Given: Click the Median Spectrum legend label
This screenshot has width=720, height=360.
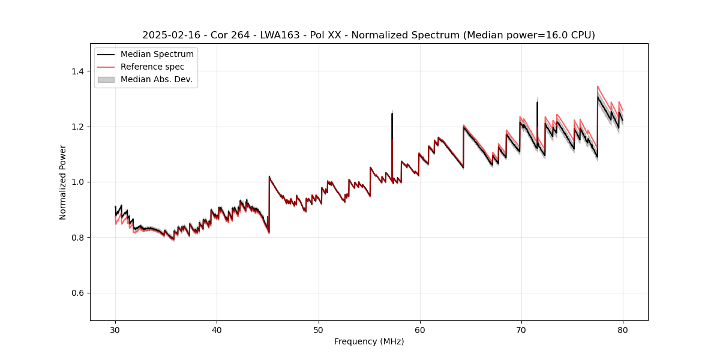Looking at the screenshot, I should (157, 54).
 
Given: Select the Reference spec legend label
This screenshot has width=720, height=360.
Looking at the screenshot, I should (152, 67).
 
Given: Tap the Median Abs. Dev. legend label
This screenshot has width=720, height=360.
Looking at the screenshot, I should (156, 79).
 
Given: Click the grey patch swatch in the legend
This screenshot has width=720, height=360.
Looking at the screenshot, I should (106, 79).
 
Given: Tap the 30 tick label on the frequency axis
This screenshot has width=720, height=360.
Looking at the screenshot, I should (115, 329).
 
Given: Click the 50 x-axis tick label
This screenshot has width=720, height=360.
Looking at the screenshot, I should (318, 329).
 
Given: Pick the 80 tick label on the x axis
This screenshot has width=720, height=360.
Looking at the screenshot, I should (622, 329).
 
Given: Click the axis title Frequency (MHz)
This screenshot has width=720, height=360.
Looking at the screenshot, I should (369, 341).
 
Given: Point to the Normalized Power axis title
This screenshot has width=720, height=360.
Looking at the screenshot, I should (63, 182).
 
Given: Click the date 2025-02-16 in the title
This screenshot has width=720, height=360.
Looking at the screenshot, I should (169, 35).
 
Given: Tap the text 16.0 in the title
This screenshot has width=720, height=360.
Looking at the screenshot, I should (539, 35).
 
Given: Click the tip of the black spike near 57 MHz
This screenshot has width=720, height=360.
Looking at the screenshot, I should (392, 113).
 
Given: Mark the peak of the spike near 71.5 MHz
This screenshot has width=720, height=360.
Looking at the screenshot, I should (537, 102).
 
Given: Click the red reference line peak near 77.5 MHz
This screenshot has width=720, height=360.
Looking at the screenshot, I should (598, 86).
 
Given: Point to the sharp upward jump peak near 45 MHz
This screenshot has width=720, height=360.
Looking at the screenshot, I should (269, 176).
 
